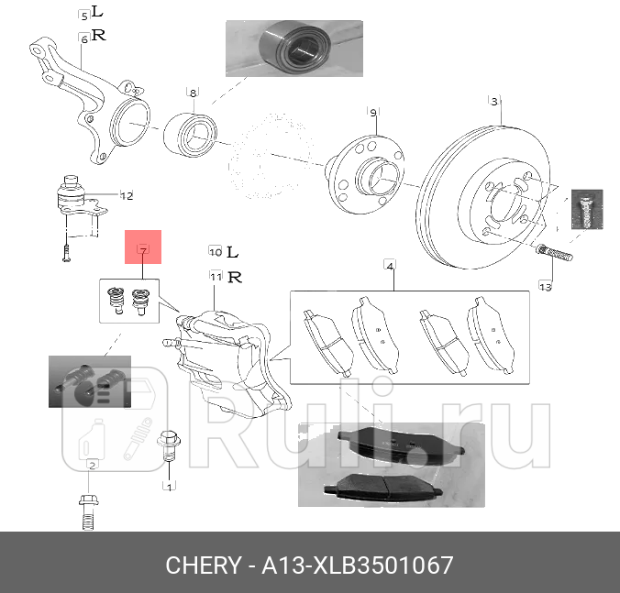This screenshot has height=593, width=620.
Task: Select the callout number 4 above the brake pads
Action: [x=390, y=267]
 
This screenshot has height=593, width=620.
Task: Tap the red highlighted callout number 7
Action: [x=143, y=248]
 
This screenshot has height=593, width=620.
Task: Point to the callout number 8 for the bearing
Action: [x=193, y=93]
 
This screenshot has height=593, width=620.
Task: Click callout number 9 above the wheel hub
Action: [x=373, y=113]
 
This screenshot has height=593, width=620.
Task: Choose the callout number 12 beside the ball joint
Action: [x=127, y=195]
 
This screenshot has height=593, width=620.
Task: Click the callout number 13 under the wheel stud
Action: [x=545, y=287]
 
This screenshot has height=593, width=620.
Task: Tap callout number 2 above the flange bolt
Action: [x=92, y=467]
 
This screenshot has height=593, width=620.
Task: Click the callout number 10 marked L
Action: [x=215, y=251]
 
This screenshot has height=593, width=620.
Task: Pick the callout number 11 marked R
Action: [x=216, y=276]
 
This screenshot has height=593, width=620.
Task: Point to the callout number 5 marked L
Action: [x=84, y=16]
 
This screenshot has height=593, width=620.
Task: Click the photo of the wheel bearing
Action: [x=294, y=48]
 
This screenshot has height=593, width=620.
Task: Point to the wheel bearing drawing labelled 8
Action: [x=190, y=134]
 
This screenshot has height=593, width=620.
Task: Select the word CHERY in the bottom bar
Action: [x=202, y=566]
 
